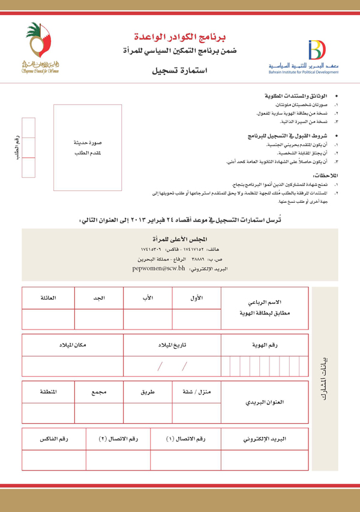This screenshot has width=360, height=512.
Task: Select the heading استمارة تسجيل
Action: [179, 71]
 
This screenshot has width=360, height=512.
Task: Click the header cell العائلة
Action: [48, 298]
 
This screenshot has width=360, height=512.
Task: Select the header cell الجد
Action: [99, 298]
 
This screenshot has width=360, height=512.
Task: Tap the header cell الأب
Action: [148, 298]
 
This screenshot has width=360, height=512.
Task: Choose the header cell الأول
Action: [196, 298]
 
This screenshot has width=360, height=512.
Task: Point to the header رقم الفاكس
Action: [53, 439]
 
